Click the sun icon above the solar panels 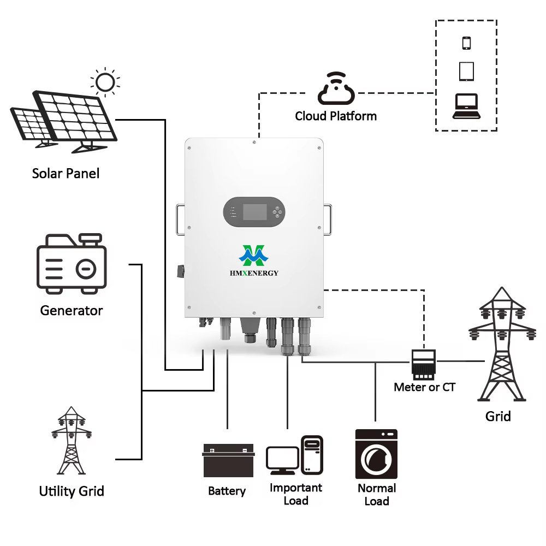tap(105, 82)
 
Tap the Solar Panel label tap(66, 174)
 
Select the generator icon tap(71, 263)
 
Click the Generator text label tap(71, 311)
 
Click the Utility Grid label tap(71, 491)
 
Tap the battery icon tap(228, 461)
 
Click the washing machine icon tap(376, 454)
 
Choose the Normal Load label tap(376, 494)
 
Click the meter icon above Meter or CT tap(423, 364)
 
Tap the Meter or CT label tap(424, 387)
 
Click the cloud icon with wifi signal tap(335, 91)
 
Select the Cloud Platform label tap(335, 116)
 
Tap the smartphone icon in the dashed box tap(466, 43)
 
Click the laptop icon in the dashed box tap(466, 106)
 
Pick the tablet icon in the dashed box tap(466, 72)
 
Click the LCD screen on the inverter tap(254, 212)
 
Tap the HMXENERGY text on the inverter tap(254, 273)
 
